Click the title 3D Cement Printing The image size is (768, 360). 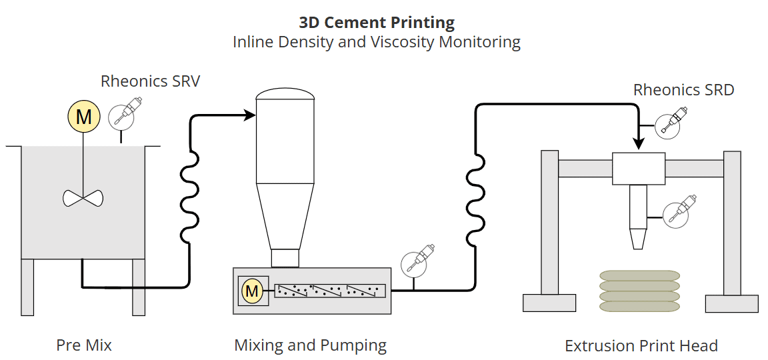tap(377, 22)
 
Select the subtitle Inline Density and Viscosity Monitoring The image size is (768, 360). tap(377, 42)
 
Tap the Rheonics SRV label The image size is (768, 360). tap(150, 81)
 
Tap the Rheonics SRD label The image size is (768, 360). tap(683, 90)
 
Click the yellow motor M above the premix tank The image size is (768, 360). tap(83, 117)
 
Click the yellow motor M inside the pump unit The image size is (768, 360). tap(252, 291)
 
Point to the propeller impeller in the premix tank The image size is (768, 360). tap(83, 197)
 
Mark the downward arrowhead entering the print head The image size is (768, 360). tap(639, 144)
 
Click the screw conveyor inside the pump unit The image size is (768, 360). tap(330, 291)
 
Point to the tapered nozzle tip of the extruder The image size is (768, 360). tap(638, 239)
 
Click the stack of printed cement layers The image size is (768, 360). tap(639, 291)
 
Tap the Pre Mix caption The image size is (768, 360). tap(84, 345)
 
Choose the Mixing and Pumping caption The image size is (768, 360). tap(310, 345)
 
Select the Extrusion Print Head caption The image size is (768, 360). tap(641, 346)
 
